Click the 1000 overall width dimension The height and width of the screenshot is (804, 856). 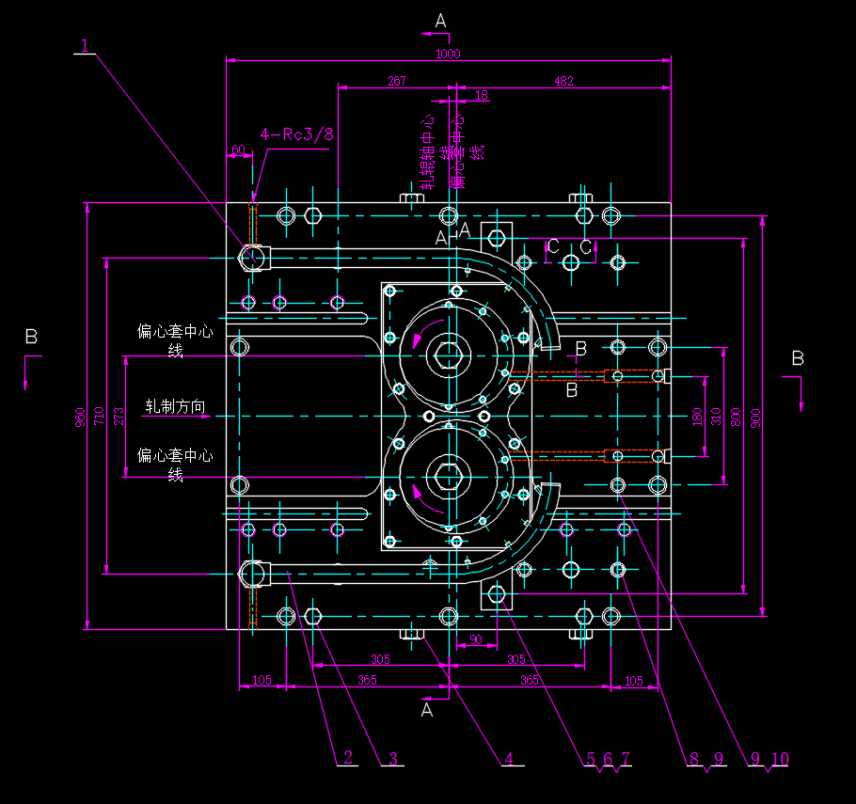tap(448, 55)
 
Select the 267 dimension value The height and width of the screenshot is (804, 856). tap(396, 82)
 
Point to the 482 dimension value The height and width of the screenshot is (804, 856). tap(563, 82)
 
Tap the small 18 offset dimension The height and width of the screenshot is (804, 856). tap(482, 95)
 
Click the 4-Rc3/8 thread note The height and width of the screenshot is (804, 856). tap(296, 134)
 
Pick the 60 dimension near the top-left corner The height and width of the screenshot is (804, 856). tap(238, 150)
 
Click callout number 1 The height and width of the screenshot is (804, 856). tap(85, 45)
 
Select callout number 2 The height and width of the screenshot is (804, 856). tap(347, 757)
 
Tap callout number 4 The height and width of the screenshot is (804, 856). tap(509, 758)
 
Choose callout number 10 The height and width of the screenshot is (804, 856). tap(780, 758)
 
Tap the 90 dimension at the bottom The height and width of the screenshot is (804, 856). tap(475, 639)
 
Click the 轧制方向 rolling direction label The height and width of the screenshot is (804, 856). tap(175, 407)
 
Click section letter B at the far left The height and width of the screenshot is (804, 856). tap(31, 337)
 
